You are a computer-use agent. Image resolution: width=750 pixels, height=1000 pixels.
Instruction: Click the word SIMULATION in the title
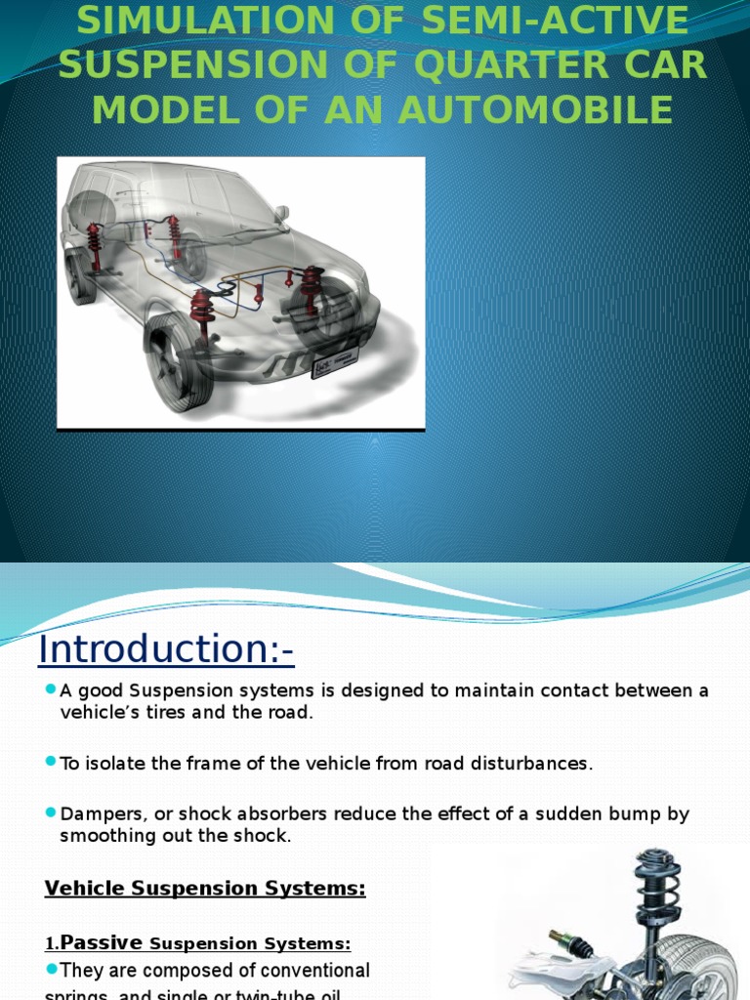click(x=187, y=19)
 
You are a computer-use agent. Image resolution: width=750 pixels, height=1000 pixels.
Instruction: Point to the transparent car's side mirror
click(x=281, y=214)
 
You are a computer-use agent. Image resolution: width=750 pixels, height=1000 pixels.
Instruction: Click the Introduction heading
click(x=166, y=648)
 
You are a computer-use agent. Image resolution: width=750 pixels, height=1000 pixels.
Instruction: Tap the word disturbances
click(x=536, y=764)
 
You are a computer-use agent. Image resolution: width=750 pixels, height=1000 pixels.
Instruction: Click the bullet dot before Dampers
click(x=51, y=812)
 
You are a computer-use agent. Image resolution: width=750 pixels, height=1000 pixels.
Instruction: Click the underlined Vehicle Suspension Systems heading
click(x=205, y=889)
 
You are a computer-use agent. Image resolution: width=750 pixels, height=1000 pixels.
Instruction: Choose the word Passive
click(x=102, y=943)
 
